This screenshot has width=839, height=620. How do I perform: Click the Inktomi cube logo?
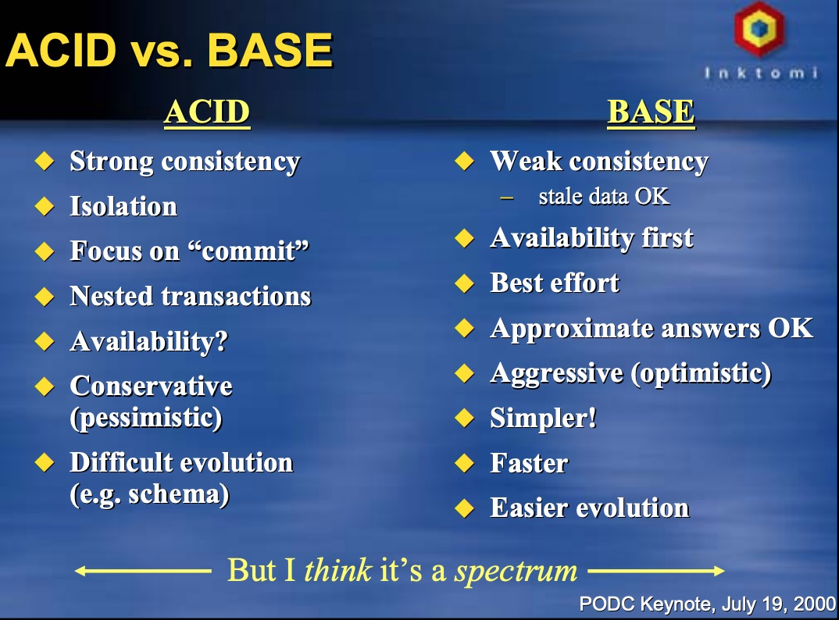coord(759,28)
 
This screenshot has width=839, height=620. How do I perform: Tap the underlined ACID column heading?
coord(207,112)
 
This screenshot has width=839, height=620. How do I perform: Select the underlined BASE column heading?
coord(652,112)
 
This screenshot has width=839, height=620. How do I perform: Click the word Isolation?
coord(123,206)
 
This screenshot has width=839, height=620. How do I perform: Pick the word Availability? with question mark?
coord(149,342)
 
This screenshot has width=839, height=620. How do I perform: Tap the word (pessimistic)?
coord(146,418)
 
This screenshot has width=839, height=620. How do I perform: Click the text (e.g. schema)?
coord(150,494)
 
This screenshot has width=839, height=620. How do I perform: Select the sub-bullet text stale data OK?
coord(604,196)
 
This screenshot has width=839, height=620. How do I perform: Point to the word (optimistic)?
coord(701,373)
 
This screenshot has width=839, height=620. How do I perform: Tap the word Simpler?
coord(543,419)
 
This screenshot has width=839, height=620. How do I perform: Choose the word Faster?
coord(529,463)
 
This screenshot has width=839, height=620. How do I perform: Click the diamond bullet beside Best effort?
coord(465,283)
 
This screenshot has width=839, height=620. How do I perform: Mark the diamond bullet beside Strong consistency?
coord(45,161)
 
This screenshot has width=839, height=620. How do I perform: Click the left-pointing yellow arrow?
coord(143,572)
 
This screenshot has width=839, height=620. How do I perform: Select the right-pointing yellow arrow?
coord(656,572)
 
